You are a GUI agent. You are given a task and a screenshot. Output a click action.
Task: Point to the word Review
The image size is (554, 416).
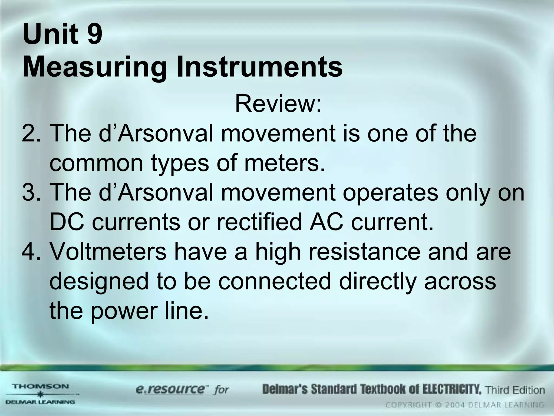click(x=278, y=104)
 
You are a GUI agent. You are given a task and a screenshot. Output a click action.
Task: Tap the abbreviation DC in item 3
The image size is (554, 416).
click(x=66, y=222)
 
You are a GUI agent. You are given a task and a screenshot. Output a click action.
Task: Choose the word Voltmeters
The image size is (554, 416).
click(x=108, y=251)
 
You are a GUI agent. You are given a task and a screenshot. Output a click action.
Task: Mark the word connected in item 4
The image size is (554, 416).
click(x=275, y=281)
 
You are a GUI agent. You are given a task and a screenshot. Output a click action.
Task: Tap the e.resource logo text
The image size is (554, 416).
click(x=170, y=389)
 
